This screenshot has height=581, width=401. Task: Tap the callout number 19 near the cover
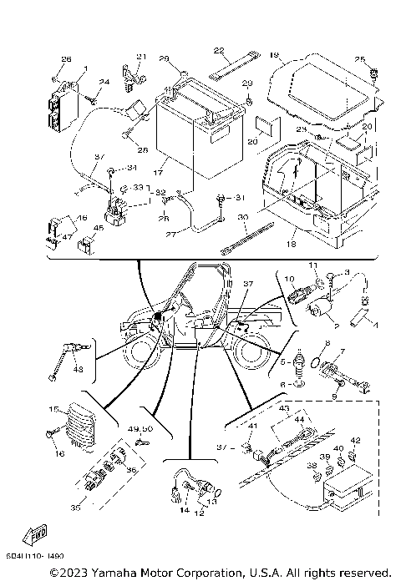pos(274,55)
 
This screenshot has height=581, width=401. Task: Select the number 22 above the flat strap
pos(219,50)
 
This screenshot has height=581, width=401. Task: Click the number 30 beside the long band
pos(242,216)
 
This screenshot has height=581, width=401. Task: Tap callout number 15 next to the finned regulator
pos(53,410)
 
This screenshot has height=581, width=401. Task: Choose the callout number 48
pos(77,370)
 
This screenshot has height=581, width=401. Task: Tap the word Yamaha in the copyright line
pos(109,572)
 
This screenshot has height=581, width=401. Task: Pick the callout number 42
pos(354,440)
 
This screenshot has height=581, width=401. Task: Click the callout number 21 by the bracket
pos(140,57)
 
